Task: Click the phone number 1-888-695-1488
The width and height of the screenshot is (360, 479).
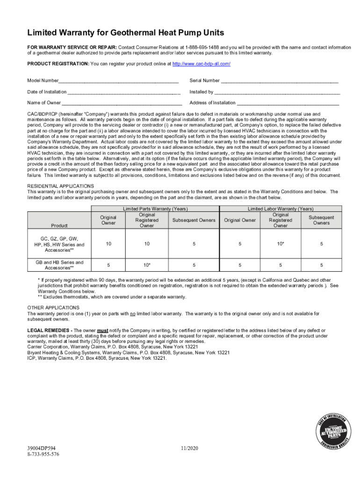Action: coord(203,47)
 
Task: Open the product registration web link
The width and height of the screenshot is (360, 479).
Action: coord(202,64)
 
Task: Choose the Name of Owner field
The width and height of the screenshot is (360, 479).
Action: coord(122,103)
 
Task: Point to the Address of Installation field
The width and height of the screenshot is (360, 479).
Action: coord(288,103)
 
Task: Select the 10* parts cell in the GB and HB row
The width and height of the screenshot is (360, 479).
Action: coord(147,265)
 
